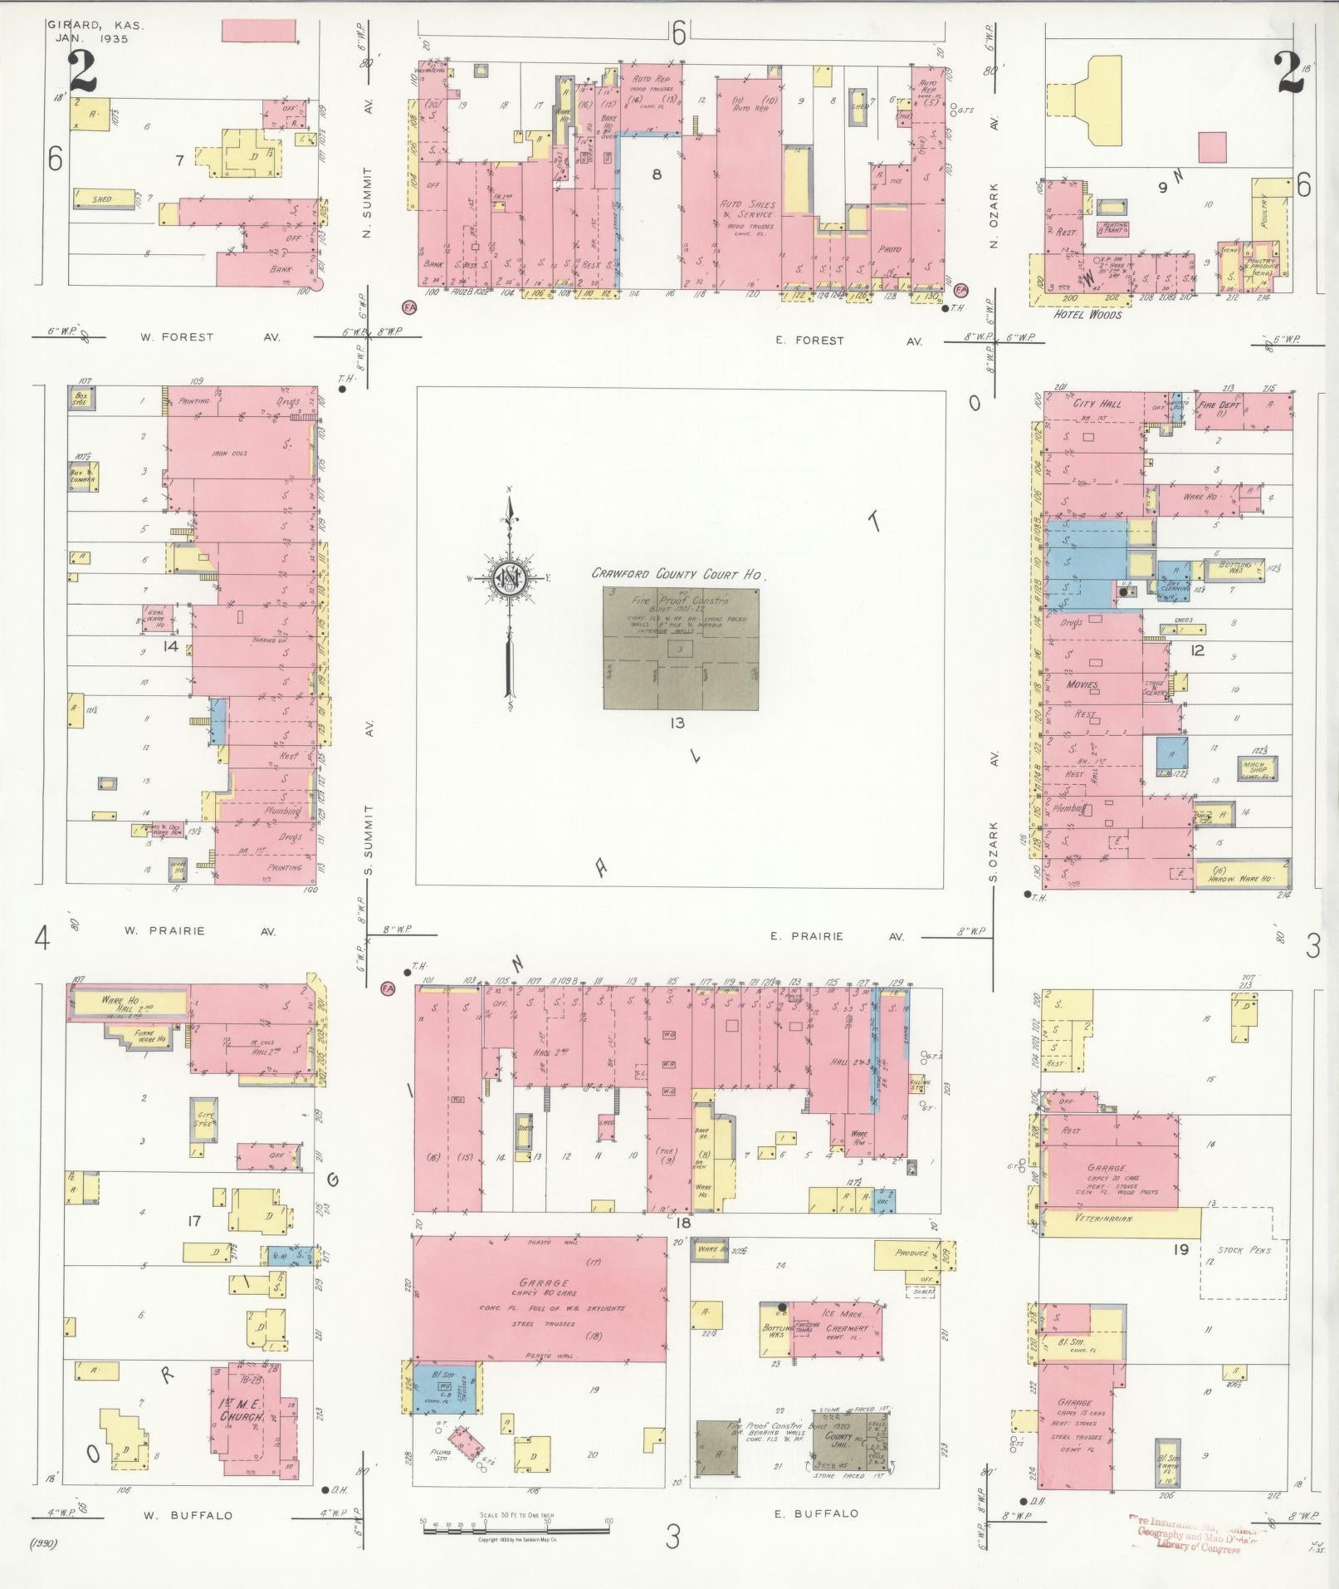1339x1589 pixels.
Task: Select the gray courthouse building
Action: coord(680,649)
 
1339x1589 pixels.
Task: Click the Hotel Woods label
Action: coord(1087,314)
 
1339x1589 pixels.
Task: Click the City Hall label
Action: coord(1097,404)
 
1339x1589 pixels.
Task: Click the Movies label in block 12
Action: coord(1082,685)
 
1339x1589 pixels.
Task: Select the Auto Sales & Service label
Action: coord(747,209)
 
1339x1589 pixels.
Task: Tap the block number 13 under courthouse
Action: coord(677,723)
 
